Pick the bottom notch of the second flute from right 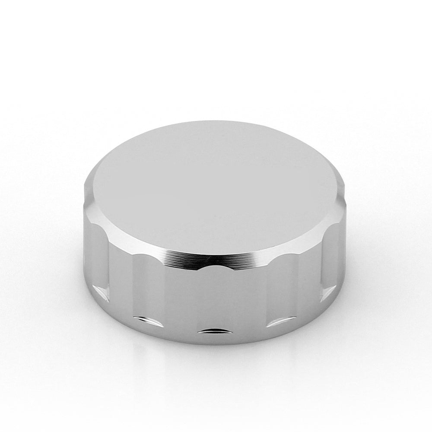click(276, 322)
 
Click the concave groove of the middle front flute click(212, 298)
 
